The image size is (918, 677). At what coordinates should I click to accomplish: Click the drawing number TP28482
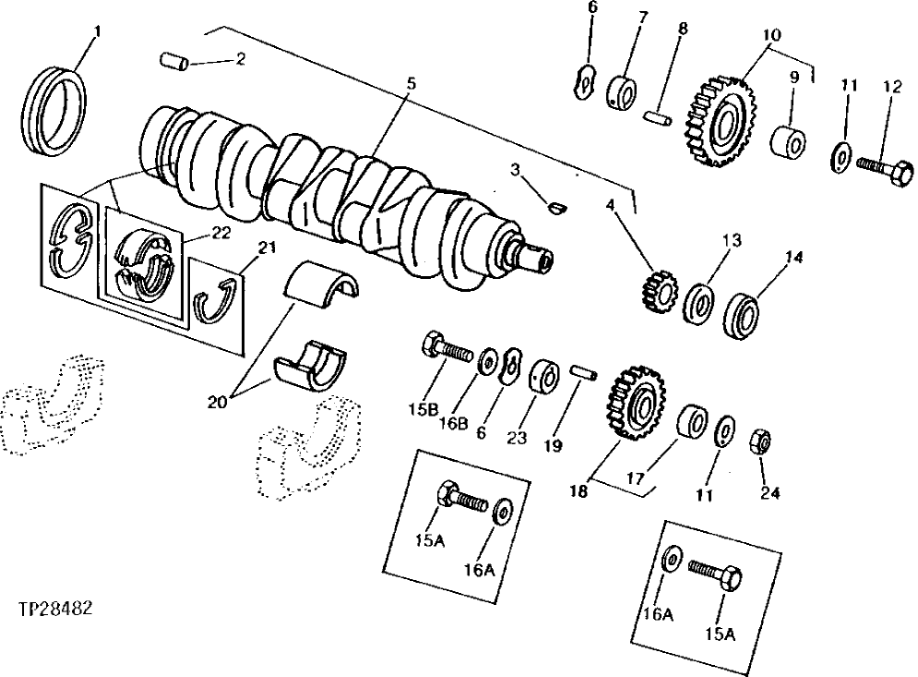(54, 611)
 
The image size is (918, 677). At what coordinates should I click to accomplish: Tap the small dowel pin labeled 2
(174, 62)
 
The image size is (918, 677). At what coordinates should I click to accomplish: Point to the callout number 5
(411, 83)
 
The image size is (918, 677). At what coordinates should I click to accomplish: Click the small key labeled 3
(556, 207)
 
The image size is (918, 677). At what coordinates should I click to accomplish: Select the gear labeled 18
(636, 402)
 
